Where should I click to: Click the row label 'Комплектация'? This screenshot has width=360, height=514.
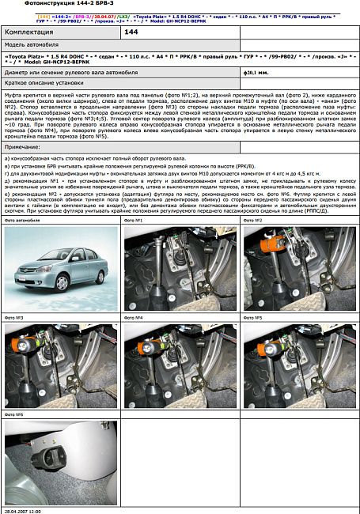(x=31, y=32)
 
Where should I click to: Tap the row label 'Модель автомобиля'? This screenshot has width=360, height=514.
(x=34, y=46)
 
